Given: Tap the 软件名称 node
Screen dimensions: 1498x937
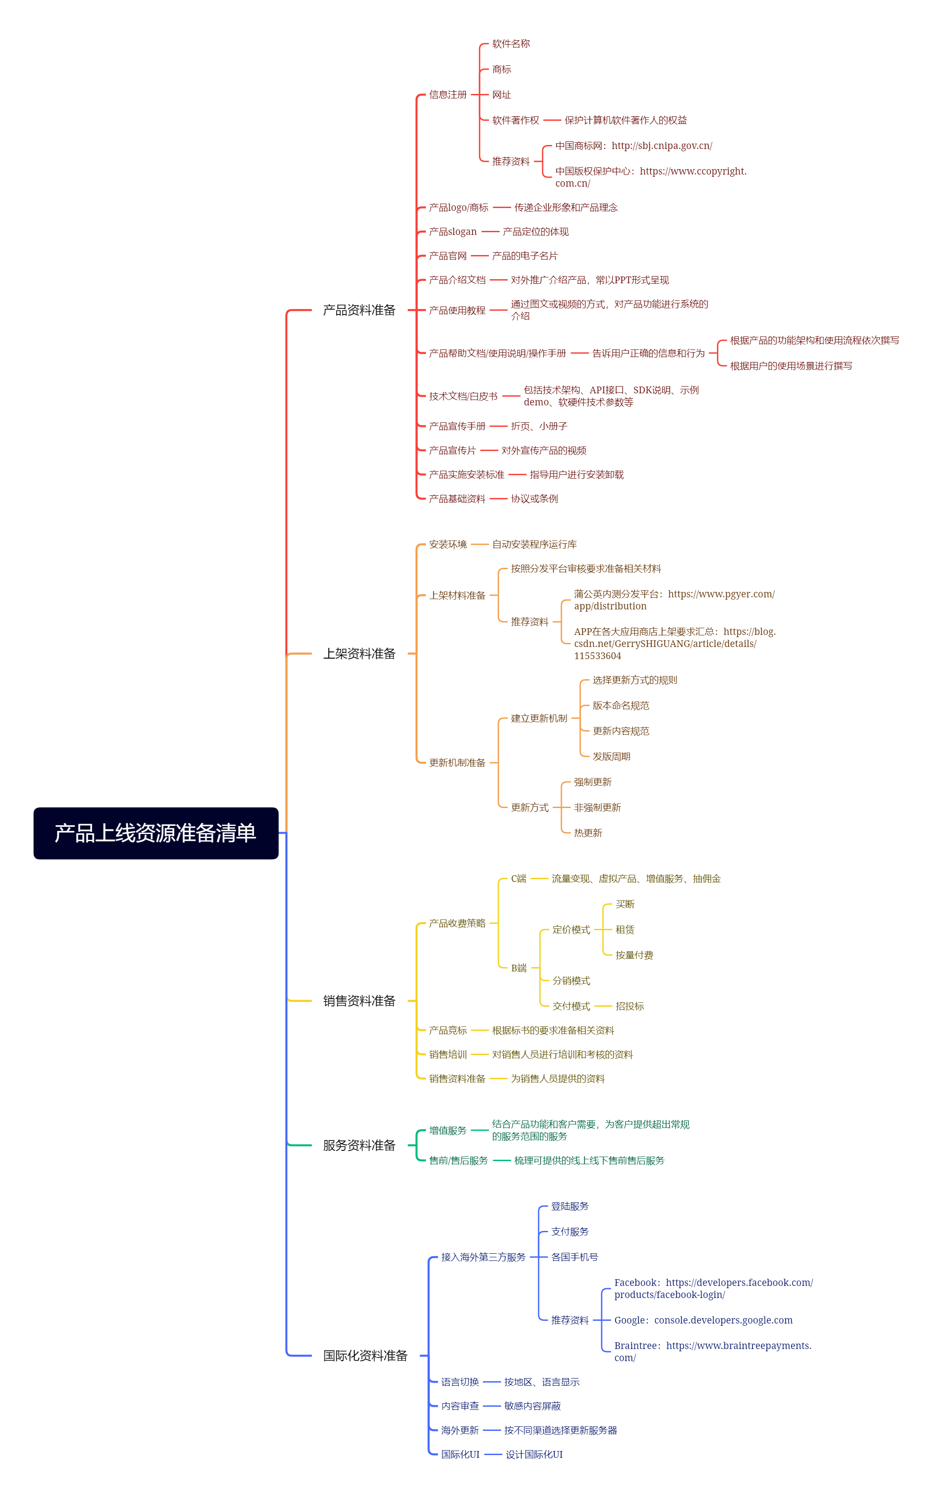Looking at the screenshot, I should [511, 43].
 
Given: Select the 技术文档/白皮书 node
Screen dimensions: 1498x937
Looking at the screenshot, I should [463, 396].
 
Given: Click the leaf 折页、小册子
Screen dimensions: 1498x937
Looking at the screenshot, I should [538, 426].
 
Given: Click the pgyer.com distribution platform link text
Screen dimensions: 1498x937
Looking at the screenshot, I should [674, 599].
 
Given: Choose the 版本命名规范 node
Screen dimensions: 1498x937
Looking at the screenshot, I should [620, 705].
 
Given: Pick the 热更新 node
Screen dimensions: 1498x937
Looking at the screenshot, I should [588, 832].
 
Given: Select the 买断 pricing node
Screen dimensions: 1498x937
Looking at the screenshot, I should [625, 904].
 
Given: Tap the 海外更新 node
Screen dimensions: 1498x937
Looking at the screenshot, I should [460, 1430].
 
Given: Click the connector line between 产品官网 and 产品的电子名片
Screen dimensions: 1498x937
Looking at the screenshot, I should [479, 256].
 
